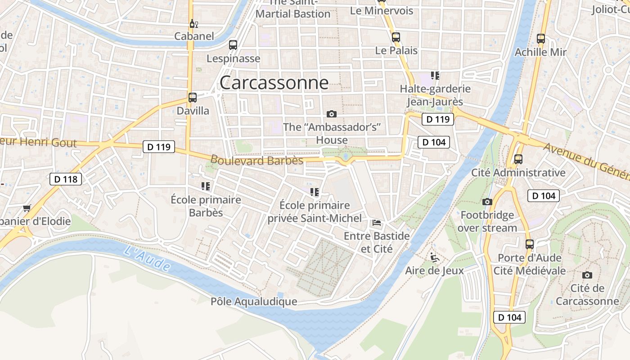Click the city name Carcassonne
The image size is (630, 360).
pos(274,83)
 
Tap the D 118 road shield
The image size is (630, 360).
pos(66,179)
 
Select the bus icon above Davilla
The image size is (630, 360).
pos(193,98)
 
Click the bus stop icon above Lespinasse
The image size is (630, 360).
pos(233,45)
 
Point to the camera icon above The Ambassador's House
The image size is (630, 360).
pos(332,114)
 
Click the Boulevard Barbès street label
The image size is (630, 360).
pos(256,160)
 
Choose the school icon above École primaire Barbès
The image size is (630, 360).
pos(206,186)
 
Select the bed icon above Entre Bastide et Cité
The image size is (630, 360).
pos(377,223)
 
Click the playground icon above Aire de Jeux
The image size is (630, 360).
pos(434,257)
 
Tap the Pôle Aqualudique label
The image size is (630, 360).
pos(254,301)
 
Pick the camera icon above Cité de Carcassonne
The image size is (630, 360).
pos(587,275)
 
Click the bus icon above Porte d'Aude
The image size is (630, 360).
pos(530,244)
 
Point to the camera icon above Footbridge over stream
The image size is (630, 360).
pos(487,202)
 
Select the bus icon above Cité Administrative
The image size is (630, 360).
pos(518,159)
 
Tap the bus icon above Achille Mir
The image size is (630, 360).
pos(541,39)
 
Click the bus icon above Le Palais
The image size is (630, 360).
pos(396,37)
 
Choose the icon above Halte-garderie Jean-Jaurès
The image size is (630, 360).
pos(435,76)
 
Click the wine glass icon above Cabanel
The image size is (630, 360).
pos(193,23)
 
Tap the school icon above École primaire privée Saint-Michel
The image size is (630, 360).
pos(315,192)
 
